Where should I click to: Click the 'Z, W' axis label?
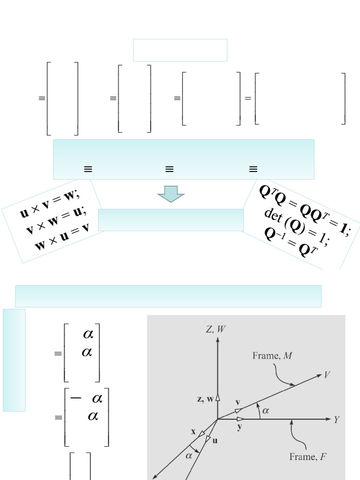tap(216, 329)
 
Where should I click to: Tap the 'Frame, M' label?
tap(272, 356)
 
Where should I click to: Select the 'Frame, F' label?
tap(307, 457)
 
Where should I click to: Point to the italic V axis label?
tap(327, 375)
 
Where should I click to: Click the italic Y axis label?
tap(337, 420)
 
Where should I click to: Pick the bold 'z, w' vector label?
tap(205, 399)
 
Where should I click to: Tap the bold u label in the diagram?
tap(215, 441)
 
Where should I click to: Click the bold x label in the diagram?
tap(193, 432)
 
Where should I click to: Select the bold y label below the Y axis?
tap(240, 427)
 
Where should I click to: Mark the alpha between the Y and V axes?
tap(266, 411)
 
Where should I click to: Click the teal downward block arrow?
tap(171, 194)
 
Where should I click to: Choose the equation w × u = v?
tap(62, 236)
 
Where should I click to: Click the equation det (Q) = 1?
tap(297, 228)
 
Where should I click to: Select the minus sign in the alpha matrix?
tap(75, 398)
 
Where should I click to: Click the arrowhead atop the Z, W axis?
tap(217, 339)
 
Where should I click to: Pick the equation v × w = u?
tap(56, 220)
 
